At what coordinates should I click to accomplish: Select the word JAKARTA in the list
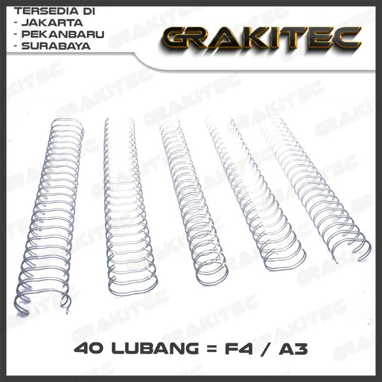pyautogui.click(x=52, y=23)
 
